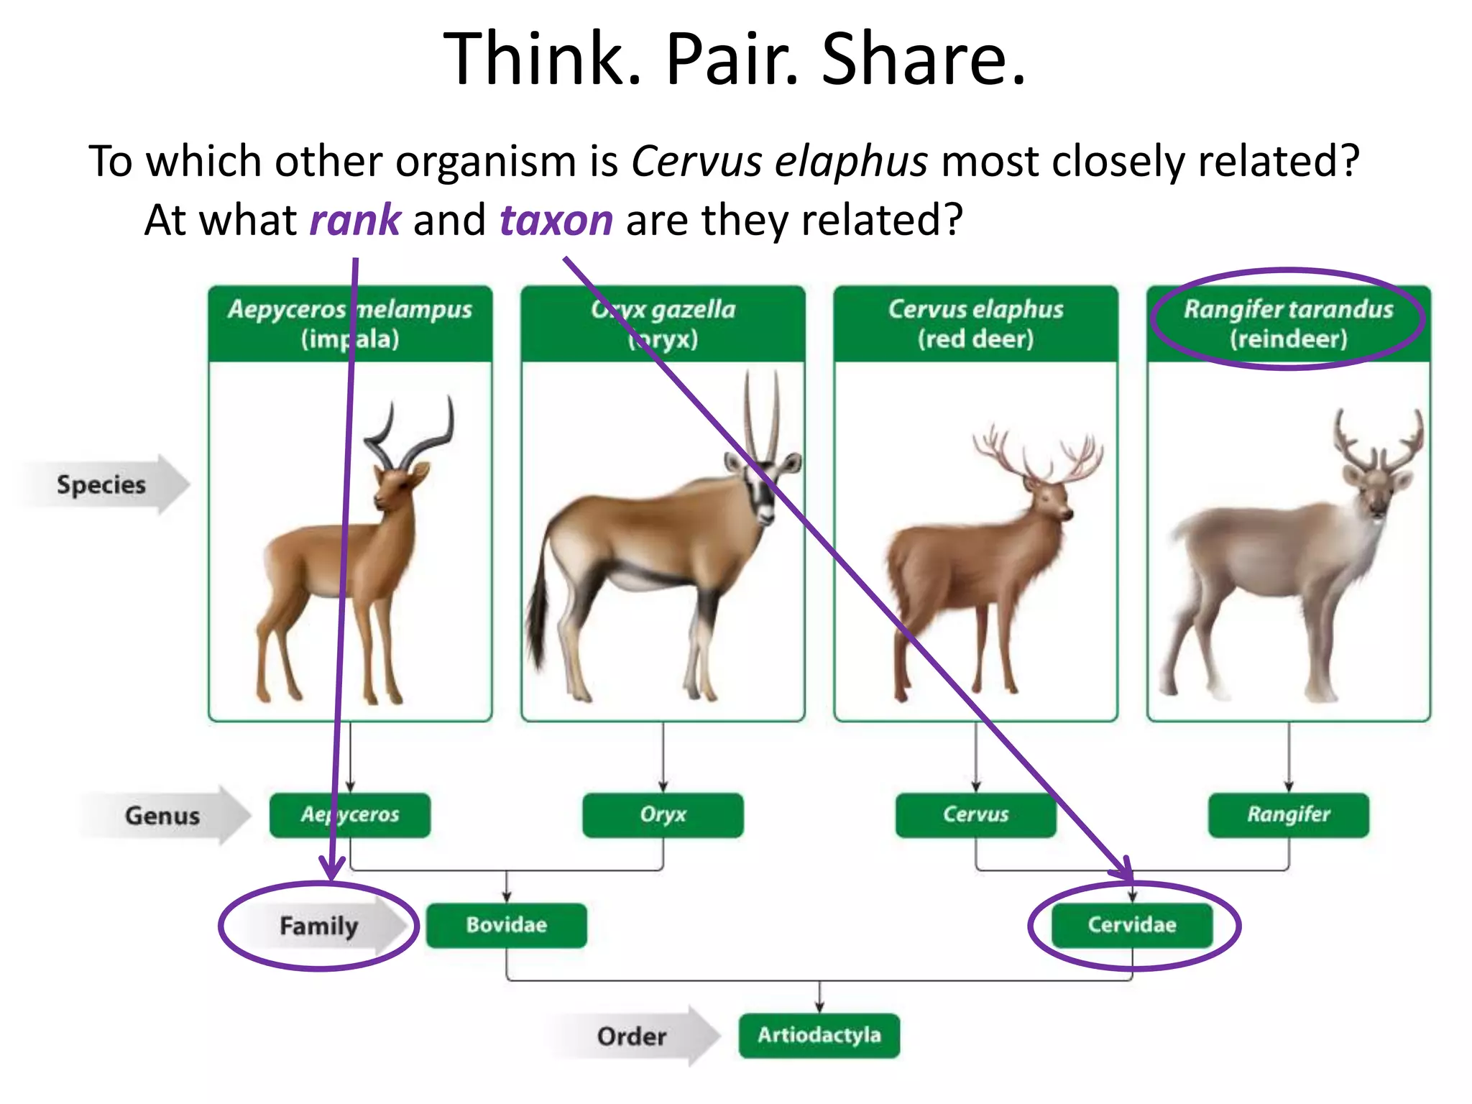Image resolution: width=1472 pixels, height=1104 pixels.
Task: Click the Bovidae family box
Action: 506,925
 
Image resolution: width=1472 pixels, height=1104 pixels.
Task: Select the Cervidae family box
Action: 1132,925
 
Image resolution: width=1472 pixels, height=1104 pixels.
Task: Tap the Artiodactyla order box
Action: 819,1035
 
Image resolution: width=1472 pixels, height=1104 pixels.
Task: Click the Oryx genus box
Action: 663,815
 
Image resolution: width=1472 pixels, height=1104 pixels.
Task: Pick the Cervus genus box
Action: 975,815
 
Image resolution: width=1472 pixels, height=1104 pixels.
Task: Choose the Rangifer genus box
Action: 1288,815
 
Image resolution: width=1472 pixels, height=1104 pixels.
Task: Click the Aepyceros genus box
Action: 350,815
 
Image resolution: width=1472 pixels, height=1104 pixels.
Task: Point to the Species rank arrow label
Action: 102,484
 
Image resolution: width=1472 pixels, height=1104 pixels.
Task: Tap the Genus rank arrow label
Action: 163,816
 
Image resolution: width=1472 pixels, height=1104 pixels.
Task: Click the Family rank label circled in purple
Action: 318,926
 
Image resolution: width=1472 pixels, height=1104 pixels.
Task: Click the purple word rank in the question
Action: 355,220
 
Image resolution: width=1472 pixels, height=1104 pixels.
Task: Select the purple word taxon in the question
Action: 556,220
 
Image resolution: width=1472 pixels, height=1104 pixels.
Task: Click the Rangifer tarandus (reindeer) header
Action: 1288,323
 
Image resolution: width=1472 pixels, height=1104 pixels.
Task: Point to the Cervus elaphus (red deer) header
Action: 975,323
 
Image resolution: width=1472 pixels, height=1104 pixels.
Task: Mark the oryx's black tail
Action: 537,618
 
